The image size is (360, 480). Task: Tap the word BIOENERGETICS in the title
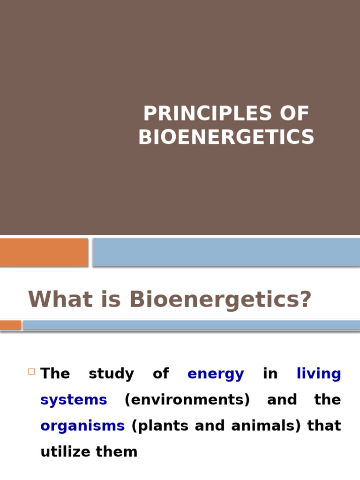pyautogui.click(x=226, y=137)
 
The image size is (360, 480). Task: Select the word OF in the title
pyautogui.click(x=292, y=114)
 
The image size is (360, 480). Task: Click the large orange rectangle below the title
pyautogui.click(x=44, y=252)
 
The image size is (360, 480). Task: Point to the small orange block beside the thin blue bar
pyautogui.click(x=10, y=325)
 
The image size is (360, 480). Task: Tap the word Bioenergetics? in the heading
pyautogui.click(x=220, y=300)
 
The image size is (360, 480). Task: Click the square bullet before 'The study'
pyautogui.click(x=31, y=372)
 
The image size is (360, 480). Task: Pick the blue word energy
pyautogui.click(x=216, y=374)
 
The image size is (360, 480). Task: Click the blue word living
pyautogui.click(x=319, y=374)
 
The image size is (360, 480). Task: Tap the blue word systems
pyautogui.click(x=74, y=400)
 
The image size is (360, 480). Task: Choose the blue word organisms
pyautogui.click(x=82, y=426)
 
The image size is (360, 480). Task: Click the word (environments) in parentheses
pyautogui.click(x=187, y=400)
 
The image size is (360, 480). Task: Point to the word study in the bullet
pyautogui.click(x=111, y=374)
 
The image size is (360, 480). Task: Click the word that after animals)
pyautogui.click(x=324, y=426)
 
